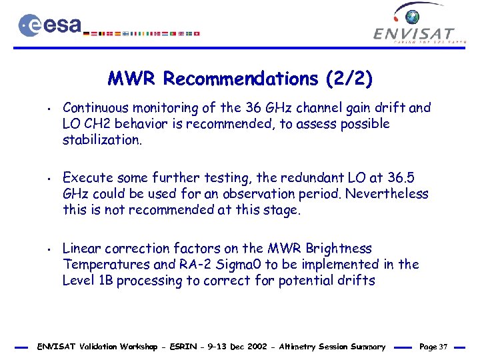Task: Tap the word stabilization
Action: [x=101, y=140]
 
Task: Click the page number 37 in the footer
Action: [x=443, y=347]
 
